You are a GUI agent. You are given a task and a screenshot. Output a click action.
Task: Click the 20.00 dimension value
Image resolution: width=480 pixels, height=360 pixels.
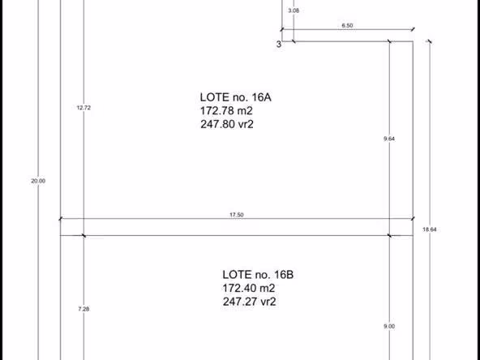coord(38,181)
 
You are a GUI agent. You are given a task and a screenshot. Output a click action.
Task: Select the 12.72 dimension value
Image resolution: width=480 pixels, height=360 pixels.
coord(84,108)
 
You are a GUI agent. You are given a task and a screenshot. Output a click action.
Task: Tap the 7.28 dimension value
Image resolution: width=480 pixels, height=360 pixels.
coord(84,309)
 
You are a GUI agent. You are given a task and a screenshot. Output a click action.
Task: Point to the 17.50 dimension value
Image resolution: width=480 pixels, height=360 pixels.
coord(237,215)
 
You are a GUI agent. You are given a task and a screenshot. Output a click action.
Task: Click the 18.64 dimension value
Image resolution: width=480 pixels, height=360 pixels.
coord(430,229)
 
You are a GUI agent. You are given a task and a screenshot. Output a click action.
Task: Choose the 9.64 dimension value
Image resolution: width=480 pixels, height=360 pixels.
coord(389,139)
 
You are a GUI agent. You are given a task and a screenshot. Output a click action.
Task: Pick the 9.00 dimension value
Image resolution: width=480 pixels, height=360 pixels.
coord(389,326)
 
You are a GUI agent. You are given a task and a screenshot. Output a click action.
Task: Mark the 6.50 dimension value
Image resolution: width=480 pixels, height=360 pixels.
coord(347,25)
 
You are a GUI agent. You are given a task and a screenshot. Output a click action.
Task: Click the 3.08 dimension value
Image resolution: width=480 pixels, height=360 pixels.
coord(294,11)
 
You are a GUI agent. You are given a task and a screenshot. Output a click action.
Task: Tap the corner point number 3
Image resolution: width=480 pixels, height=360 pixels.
coord(279,45)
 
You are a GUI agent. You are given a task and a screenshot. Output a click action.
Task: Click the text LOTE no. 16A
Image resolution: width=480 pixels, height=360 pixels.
coord(236,97)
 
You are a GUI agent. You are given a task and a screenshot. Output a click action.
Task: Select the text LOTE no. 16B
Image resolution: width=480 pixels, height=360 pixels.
coord(258,275)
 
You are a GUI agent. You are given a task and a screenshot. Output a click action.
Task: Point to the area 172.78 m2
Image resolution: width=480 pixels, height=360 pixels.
coord(226,110)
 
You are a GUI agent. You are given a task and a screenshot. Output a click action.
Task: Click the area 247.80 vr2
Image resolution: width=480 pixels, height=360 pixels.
coord(227,124)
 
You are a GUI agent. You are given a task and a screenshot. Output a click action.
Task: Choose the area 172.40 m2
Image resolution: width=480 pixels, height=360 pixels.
coord(249,288)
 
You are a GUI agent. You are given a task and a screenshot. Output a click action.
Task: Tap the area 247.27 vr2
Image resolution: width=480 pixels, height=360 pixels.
coord(249,302)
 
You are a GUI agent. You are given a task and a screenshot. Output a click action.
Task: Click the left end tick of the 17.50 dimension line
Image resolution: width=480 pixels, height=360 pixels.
coord(60,219)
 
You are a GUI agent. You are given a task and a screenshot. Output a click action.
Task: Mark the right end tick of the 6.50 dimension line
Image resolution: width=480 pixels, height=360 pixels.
coord(413,29)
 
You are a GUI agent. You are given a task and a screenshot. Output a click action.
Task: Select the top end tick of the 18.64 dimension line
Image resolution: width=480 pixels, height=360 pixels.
coord(430,41)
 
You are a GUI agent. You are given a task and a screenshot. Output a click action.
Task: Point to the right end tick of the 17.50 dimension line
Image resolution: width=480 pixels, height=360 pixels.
coord(413,219)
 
